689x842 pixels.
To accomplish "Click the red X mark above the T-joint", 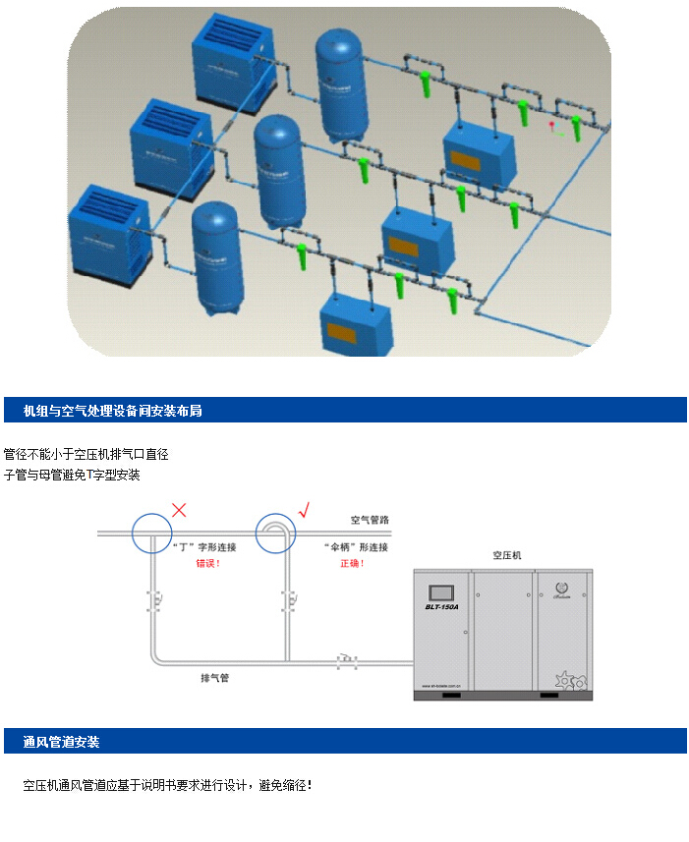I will click(x=179, y=509).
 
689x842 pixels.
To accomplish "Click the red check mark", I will click(x=304, y=509).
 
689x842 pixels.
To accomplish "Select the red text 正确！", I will click(x=351, y=564).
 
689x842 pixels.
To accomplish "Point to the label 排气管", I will click(x=215, y=678).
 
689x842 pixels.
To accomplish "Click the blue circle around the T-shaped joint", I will click(x=151, y=533).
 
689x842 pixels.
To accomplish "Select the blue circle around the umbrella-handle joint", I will click(x=276, y=533).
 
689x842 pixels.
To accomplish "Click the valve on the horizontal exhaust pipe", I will click(x=345, y=661).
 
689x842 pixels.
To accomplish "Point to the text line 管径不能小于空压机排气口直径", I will click(x=86, y=455).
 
